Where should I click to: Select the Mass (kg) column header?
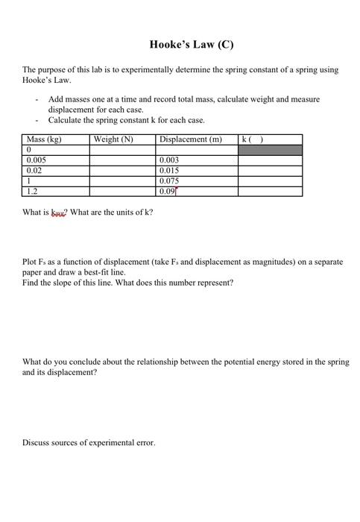43,139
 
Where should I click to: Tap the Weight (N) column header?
113,139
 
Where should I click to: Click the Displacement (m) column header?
190,139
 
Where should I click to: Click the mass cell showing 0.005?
37,160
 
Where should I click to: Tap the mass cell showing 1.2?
32,191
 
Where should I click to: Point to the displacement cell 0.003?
169,160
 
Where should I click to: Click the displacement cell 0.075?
169,181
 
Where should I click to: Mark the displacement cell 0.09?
168,191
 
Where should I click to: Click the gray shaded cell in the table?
270,150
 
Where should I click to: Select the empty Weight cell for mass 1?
123,181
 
